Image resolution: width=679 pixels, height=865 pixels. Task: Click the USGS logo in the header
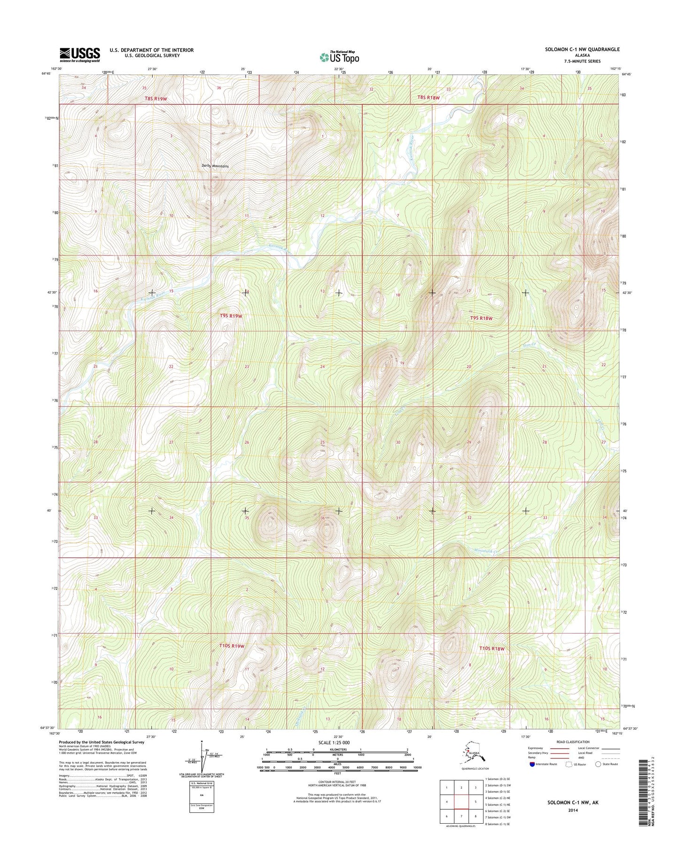[x=79, y=54]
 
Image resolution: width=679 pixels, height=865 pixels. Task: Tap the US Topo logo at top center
[x=339, y=57]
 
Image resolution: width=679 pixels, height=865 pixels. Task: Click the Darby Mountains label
[x=215, y=166]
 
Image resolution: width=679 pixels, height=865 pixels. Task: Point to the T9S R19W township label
[x=231, y=316]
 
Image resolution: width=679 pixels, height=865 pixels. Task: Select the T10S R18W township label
[x=492, y=649]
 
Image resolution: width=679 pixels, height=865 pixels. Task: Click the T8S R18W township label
[x=428, y=98]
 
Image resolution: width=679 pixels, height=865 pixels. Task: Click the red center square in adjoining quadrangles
[x=461, y=802]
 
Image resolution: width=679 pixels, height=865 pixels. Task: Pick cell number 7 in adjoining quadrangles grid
[x=461, y=816]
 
